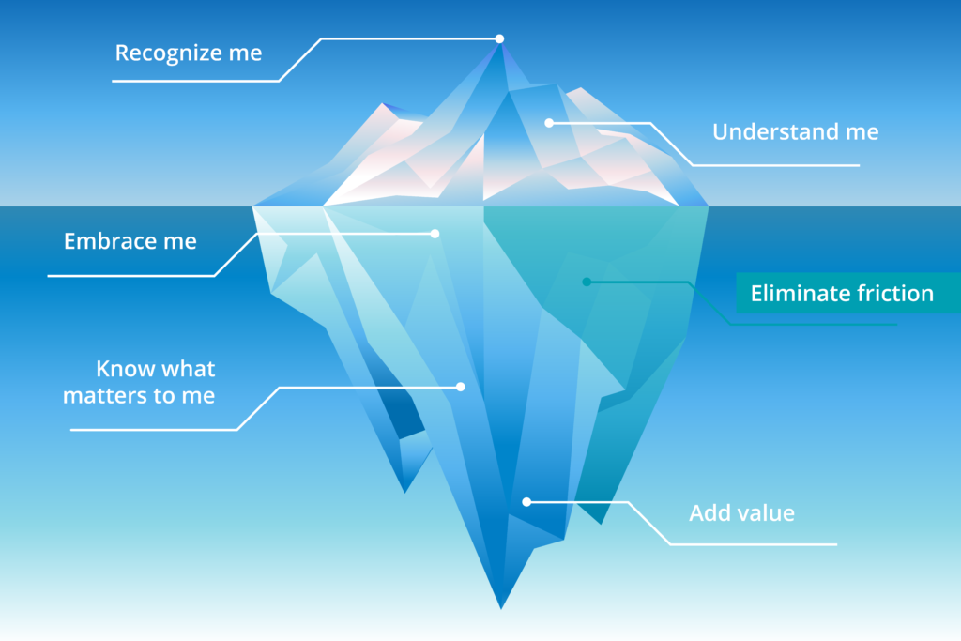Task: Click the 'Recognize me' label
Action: coord(189,53)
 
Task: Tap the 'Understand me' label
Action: coord(796,131)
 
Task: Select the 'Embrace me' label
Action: coord(130,241)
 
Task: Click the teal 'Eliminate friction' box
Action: coord(848,293)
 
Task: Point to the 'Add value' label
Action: coord(741,513)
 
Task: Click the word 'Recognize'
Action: coord(169,53)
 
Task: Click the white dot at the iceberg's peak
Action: coord(499,38)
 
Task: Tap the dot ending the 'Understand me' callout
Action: coord(549,123)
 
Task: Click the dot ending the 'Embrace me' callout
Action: coord(435,234)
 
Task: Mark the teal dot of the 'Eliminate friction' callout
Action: coord(587,282)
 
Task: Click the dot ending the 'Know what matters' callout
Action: coord(460,387)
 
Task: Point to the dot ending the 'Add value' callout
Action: coord(526,502)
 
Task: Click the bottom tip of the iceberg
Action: coord(501,608)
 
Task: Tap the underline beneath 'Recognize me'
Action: coord(195,81)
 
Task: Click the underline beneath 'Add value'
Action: coord(754,544)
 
